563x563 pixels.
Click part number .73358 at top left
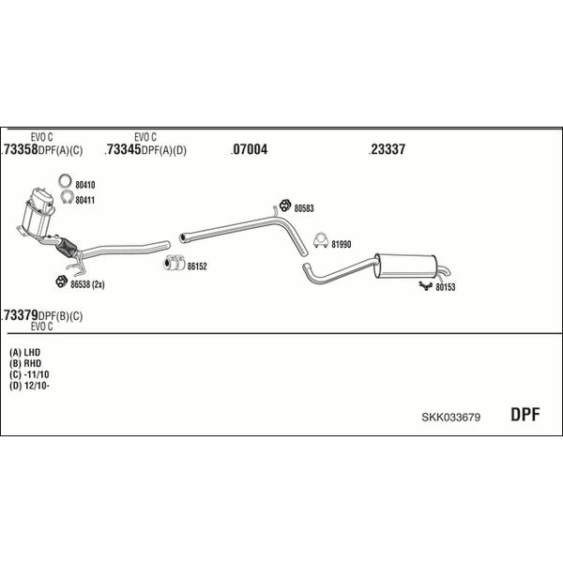[x=20, y=149]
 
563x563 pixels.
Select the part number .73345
[x=123, y=149]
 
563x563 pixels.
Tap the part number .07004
[x=250, y=149]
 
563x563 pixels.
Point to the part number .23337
[x=387, y=149]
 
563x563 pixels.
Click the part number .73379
[x=20, y=315]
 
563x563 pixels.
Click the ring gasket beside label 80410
[x=65, y=180]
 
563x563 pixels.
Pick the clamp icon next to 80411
[x=68, y=197]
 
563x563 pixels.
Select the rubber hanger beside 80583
[x=285, y=205]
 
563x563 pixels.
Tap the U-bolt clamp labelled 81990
[x=321, y=240]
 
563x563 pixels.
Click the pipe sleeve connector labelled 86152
[x=175, y=263]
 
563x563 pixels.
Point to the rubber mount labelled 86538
[x=61, y=281]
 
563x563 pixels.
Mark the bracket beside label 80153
[x=425, y=286]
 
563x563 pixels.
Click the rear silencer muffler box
[x=405, y=266]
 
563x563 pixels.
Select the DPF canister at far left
[x=38, y=213]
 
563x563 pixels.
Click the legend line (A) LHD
[x=24, y=352]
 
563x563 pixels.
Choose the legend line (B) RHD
[x=25, y=363]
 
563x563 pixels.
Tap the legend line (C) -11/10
[x=29, y=374]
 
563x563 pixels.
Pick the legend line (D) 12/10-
[x=29, y=386]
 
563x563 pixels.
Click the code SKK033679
[x=451, y=417]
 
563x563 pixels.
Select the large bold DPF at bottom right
[x=525, y=415]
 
